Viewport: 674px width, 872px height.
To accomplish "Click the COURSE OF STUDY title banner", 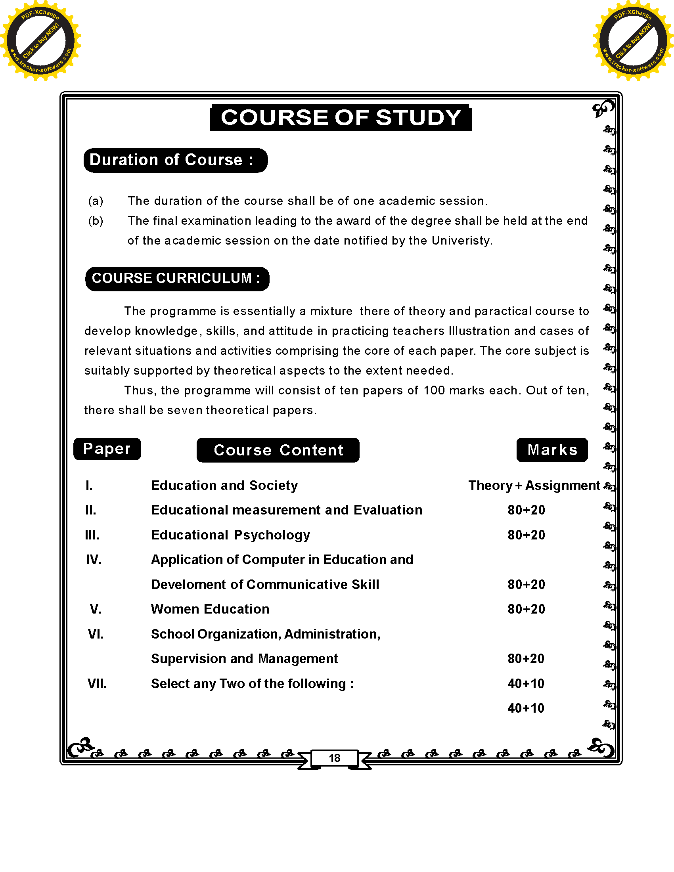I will (x=341, y=118).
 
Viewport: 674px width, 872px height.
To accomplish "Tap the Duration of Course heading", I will (x=175, y=160).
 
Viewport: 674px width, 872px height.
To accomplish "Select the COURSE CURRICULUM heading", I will (x=177, y=278).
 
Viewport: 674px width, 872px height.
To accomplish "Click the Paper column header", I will (x=107, y=449).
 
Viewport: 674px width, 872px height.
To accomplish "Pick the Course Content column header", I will (x=278, y=450).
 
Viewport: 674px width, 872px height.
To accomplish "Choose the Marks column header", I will (x=552, y=449).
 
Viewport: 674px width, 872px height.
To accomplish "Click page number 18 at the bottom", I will (x=335, y=758).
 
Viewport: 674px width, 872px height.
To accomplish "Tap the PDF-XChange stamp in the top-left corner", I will (x=41, y=41).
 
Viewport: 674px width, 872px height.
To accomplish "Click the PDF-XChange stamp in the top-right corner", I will (x=633, y=41).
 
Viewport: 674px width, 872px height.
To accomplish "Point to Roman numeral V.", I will (x=95, y=609).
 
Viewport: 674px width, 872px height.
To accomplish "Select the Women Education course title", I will (x=210, y=609).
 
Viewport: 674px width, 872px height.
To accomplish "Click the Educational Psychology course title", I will (x=230, y=535).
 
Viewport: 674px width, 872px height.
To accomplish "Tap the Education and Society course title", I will (x=224, y=486).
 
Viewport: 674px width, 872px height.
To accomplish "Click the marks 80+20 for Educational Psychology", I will (x=526, y=535).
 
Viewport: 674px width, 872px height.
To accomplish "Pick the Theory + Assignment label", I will (x=534, y=486).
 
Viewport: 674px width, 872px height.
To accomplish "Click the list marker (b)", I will (x=96, y=221).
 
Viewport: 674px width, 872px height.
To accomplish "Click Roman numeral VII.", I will (x=97, y=684).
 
